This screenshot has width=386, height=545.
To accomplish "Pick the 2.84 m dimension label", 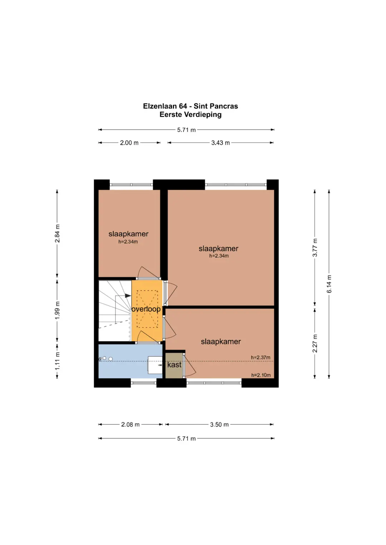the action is [x=57, y=233].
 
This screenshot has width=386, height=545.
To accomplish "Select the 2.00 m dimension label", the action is [x=129, y=143].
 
